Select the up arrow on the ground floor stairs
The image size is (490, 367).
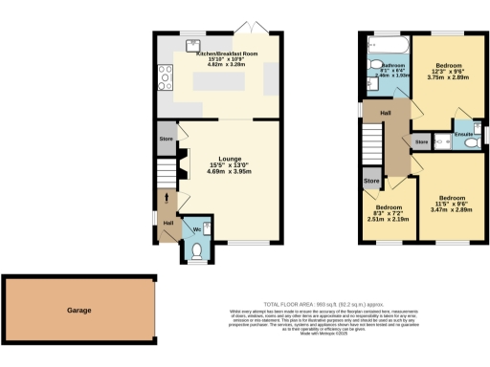(168, 200)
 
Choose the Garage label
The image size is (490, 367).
(78, 311)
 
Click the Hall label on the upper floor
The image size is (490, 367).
(386, 113)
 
